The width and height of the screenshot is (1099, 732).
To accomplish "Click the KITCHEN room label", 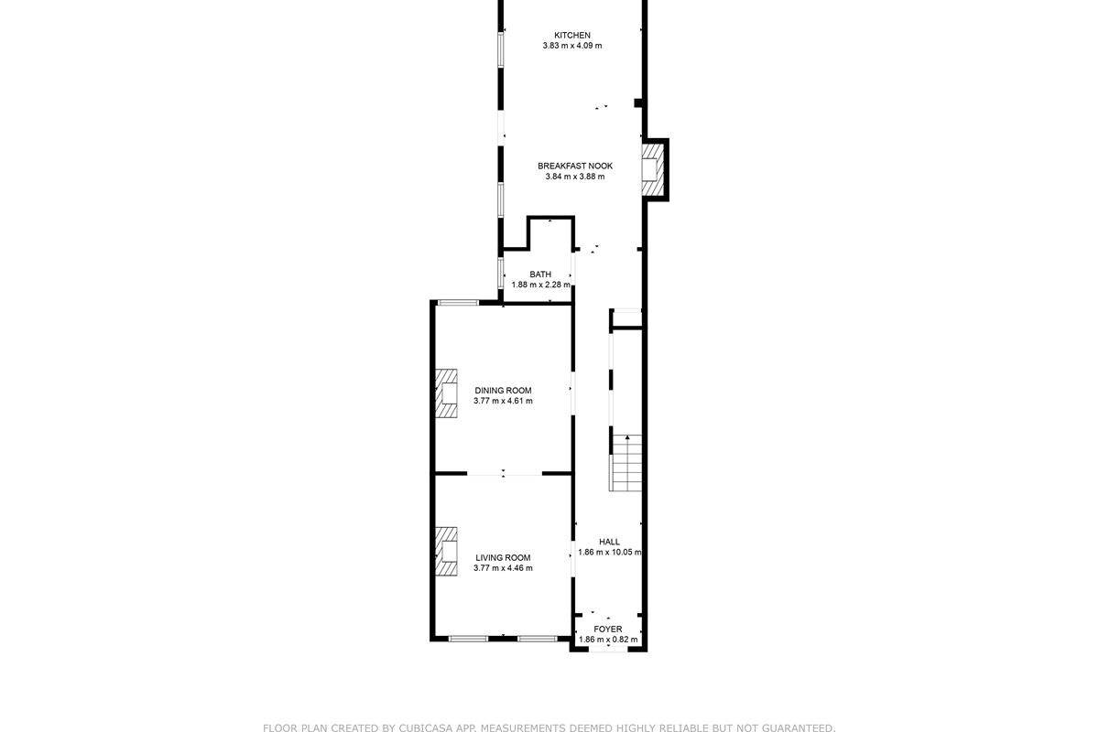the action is point(572,36).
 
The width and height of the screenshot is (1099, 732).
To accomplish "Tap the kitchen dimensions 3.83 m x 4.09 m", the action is point(572,46).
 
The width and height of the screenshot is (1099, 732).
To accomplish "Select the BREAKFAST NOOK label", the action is point(575,167).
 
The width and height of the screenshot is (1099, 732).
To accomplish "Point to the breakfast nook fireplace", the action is point(653,169).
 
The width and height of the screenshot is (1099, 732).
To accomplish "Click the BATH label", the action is point(540,274).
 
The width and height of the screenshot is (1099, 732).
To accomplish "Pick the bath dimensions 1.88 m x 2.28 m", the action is point(540,285).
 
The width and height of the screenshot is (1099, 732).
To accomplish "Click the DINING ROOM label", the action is point(503,391).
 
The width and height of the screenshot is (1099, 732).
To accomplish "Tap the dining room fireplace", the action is point(447,393).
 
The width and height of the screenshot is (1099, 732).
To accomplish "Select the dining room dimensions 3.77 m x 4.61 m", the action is point(503,401).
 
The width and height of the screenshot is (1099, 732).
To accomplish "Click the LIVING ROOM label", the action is point(503,558).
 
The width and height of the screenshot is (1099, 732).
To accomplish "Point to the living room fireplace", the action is point(447,552).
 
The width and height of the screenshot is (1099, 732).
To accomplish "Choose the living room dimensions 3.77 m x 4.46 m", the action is point(503,568).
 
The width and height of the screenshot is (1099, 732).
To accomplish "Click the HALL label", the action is point(609,542).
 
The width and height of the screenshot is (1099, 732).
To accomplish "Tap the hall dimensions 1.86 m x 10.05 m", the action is point(609,552).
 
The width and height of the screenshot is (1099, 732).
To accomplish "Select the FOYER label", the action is point(608,629).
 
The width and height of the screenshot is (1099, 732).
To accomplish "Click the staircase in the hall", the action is point(626,463).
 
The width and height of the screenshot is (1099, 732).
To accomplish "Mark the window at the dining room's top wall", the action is point(458,303).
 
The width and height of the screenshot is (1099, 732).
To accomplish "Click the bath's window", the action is point(500,273).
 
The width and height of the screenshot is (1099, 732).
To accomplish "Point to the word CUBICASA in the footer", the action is point(425,727).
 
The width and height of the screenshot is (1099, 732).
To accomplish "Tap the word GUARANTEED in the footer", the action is point(796,727).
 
